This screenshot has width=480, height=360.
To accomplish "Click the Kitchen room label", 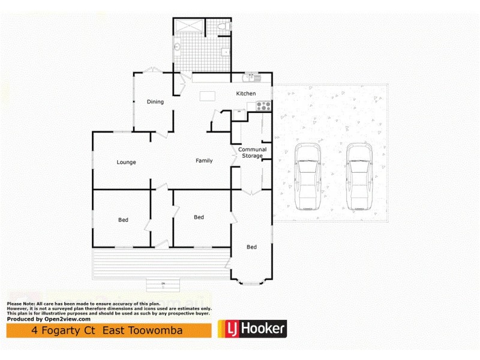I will tap(246, 94).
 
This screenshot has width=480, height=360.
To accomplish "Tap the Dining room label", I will tap(155, 102).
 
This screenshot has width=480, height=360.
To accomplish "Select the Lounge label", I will tap(126, 162).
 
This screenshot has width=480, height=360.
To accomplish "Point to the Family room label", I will tap(204, 161).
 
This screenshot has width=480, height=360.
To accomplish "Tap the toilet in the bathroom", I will tap(223, 27).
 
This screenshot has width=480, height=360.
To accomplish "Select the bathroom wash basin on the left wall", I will tap(178, 47).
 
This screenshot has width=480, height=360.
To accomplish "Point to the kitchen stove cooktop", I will tap(263, 106).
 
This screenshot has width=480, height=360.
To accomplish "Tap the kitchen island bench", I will tap(208, 95).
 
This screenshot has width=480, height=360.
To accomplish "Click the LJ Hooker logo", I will tap(251, 328).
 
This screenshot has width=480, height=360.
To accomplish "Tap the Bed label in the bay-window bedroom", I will tap(251, 247).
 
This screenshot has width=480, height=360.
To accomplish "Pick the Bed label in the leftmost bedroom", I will tap(123, 220).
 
